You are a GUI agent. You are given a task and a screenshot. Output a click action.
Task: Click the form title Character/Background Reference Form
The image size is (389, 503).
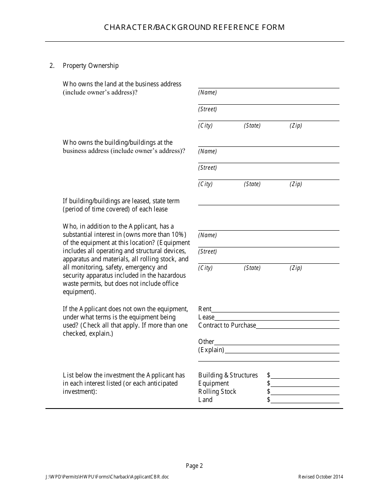click(x=194, y=27)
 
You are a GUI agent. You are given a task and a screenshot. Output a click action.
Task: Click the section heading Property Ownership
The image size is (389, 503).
click(x=90, y=65)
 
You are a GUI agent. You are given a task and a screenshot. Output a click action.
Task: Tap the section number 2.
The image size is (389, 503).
click(x=52, y=65)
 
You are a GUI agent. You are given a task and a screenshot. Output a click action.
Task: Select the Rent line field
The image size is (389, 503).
click(x=275, y=310)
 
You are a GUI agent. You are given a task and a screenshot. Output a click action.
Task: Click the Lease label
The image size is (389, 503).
click(x=206, y=317)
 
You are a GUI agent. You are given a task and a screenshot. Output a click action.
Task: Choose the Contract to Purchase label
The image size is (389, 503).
click(x=227, y=326)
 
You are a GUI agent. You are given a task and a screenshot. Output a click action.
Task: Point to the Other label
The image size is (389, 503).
click(x=206, y=342)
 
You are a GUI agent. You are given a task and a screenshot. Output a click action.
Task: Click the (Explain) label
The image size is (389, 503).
click(x=211, y=350)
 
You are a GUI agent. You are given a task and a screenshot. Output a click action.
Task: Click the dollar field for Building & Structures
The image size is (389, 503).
click(x=305, y=375)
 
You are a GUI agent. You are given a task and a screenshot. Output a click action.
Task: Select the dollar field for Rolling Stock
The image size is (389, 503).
click(x=305, y=392)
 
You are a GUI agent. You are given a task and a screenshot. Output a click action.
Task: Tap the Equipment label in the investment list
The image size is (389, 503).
click(x=213, y=384)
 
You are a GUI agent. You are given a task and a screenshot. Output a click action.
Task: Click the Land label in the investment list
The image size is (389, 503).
click(x=205, y=400)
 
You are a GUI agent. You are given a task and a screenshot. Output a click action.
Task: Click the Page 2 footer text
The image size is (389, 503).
click(x=194, y=465)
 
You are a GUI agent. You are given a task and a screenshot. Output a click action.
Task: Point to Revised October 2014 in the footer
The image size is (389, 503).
click(x=321, y=477)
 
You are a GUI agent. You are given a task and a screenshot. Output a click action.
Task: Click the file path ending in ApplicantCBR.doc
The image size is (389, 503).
click(x=107, y=477)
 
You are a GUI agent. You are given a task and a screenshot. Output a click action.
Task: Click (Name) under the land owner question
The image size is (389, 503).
click(x=207, y=92)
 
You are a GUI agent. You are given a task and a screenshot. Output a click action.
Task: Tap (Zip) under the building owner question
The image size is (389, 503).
click(x=296, y=184)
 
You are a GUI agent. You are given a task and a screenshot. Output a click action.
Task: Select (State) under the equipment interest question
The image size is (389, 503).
click(x=252, y=268)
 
